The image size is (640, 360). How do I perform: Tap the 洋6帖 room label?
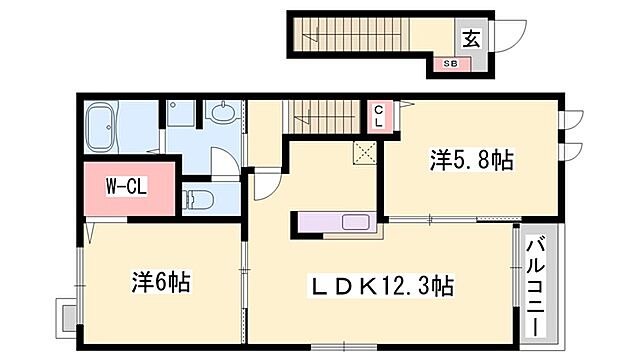coord(160,282)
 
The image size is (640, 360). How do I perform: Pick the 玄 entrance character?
coord(471,39)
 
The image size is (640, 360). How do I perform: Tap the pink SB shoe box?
coord(451,65)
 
